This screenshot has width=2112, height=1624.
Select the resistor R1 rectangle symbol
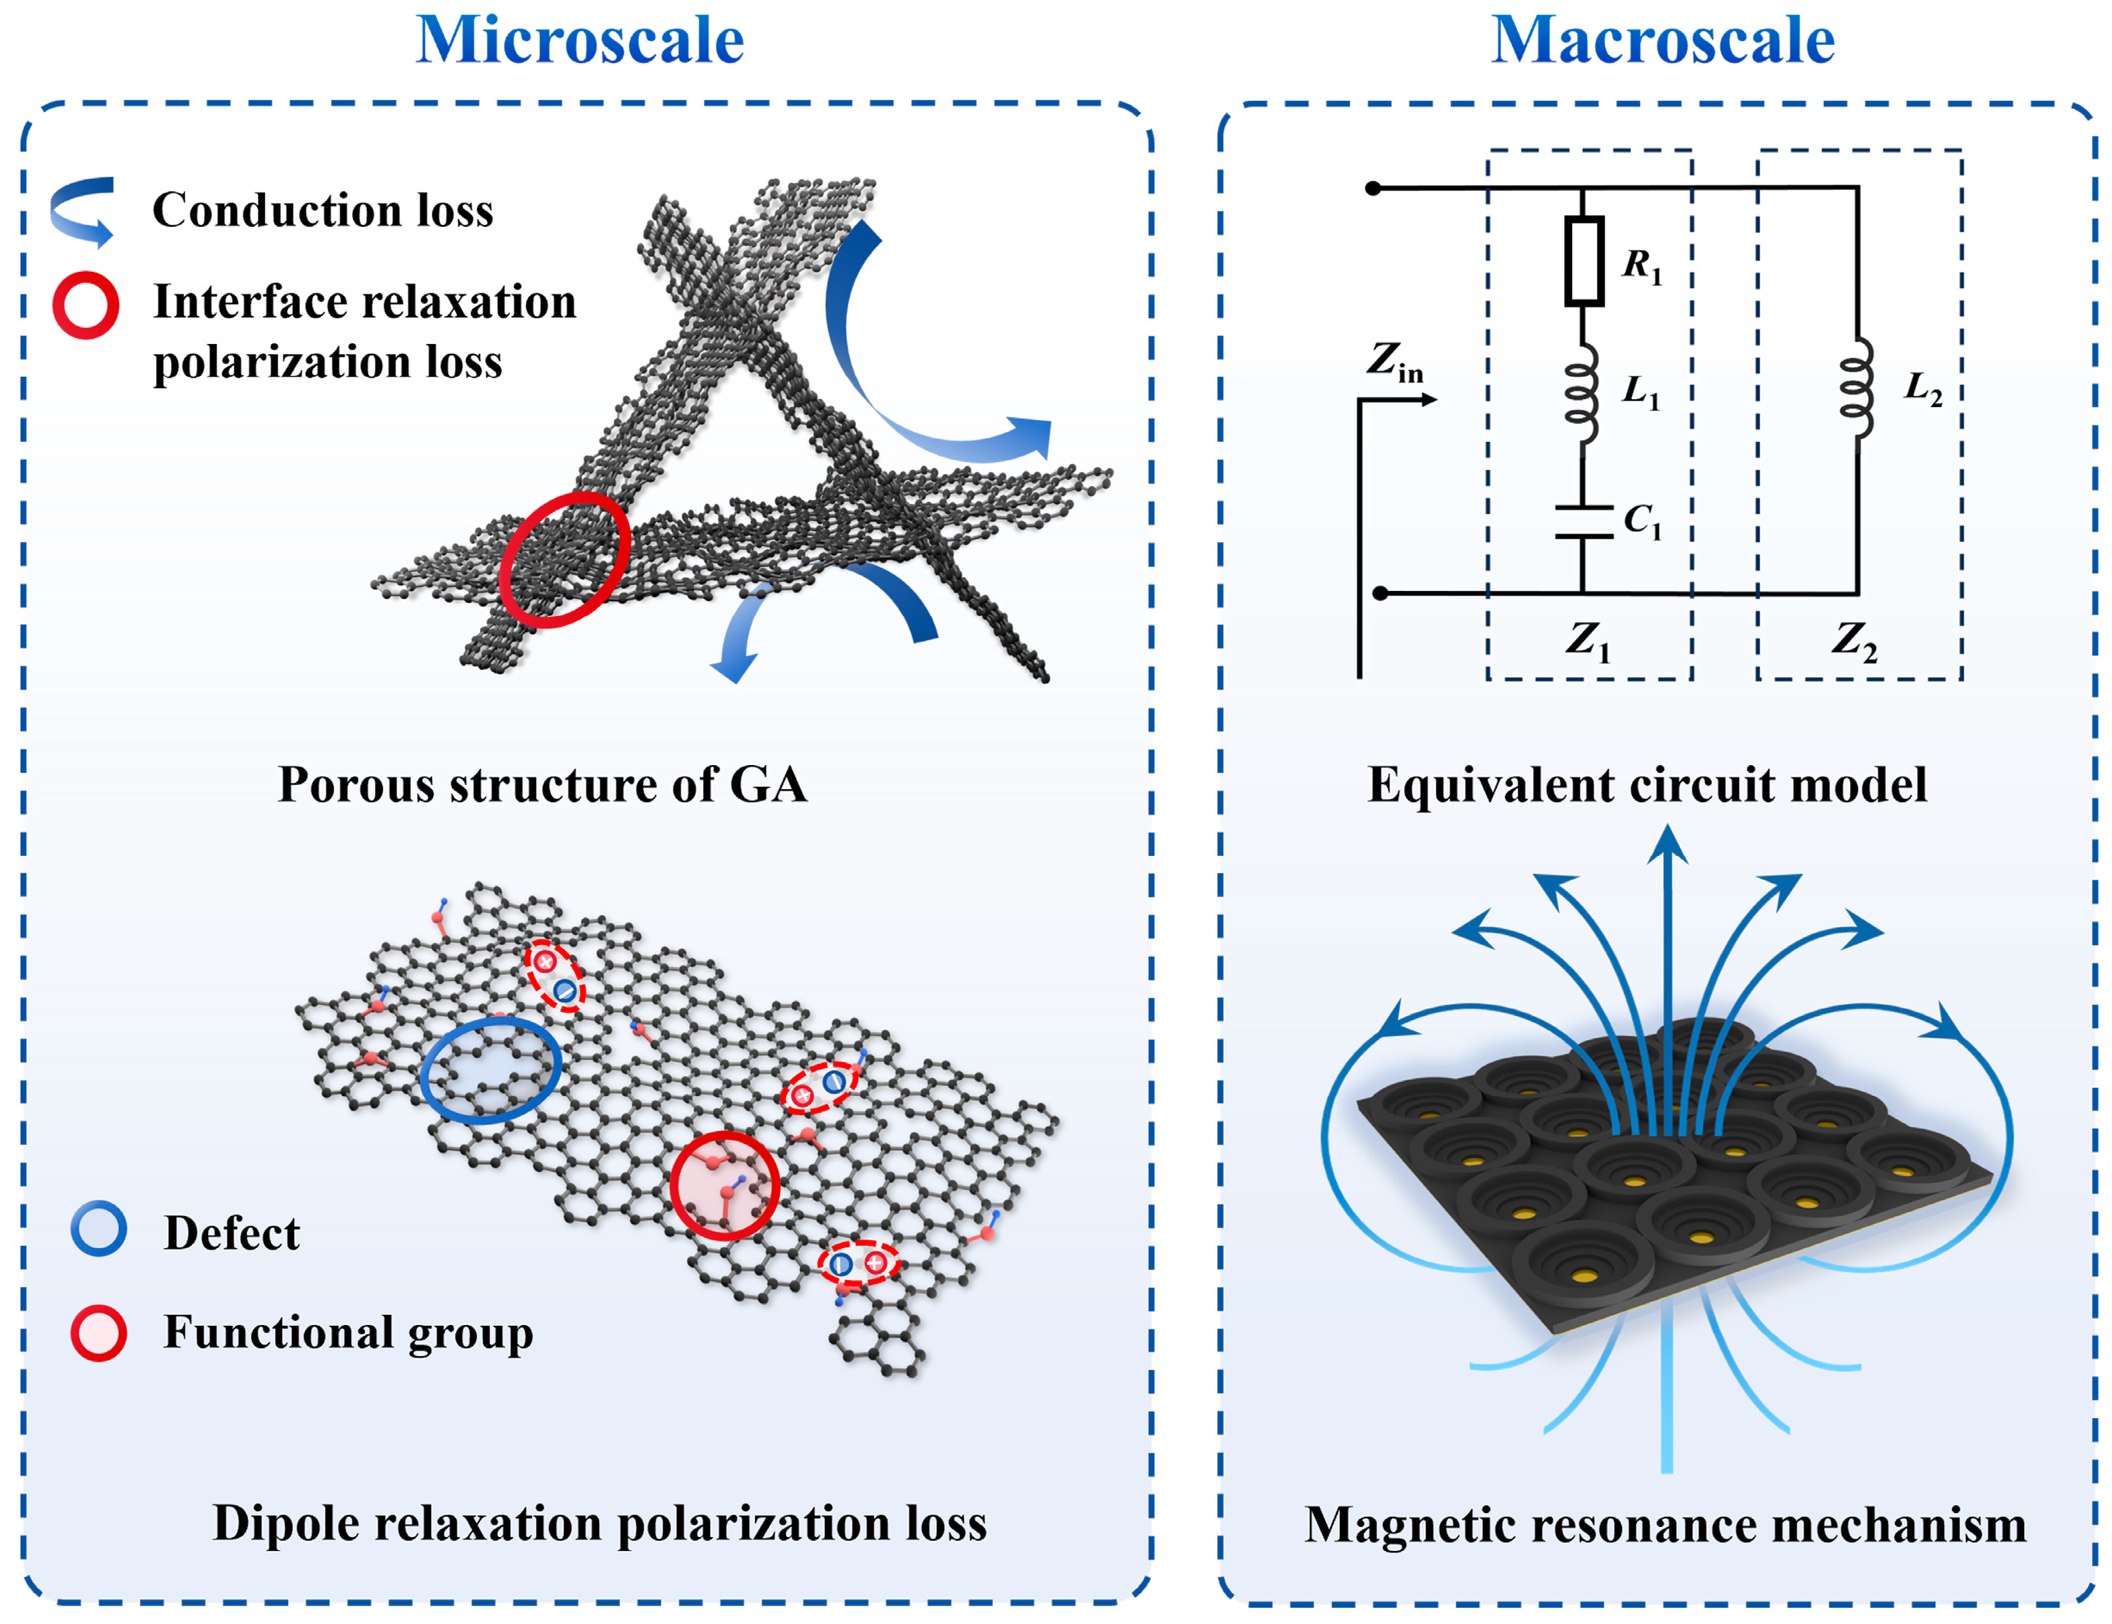point(1583,261)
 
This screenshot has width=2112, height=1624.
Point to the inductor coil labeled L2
point(1856,388)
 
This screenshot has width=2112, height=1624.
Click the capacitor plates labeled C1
point(1583,521)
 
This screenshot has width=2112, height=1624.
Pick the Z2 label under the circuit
point(1853,640)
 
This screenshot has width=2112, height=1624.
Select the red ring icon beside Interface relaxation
point(86,304)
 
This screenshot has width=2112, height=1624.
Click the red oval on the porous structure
point(565,558)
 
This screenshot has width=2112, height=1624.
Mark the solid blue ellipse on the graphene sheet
point(490,1069)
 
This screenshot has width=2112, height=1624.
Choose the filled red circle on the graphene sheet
point(725,1185)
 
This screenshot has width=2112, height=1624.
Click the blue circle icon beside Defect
point(99,1229)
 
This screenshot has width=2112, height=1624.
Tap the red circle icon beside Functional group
point(99,1333)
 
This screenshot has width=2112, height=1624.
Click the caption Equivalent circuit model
point(1646,784)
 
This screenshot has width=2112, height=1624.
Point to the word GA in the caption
point(768,784)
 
